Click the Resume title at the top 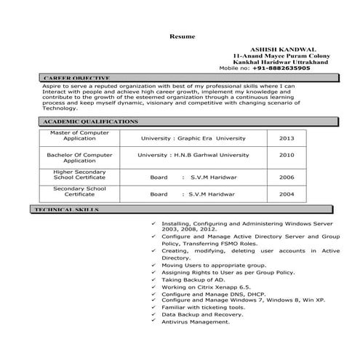point(179,35)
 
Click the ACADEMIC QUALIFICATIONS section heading point(90,121)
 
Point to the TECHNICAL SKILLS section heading point(72,209)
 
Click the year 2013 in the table point(287,137)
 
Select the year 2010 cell point(287,156)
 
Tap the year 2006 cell point(287,177)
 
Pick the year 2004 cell point(287,195)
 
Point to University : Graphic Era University point(193,137)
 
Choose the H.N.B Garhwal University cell point(193,156)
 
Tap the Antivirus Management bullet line point(195,321)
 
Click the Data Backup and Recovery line point(202,313)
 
